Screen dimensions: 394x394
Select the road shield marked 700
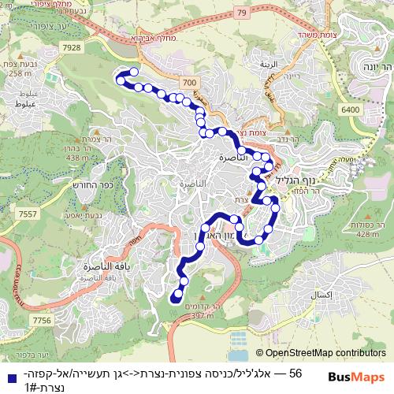(x=187, y=83)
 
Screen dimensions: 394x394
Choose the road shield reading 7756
(x=41, y=320)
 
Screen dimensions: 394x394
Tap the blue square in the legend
(x=8, y=376)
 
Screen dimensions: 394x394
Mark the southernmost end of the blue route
(x=174, y=298)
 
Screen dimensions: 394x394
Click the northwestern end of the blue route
(x=120, y=78)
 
